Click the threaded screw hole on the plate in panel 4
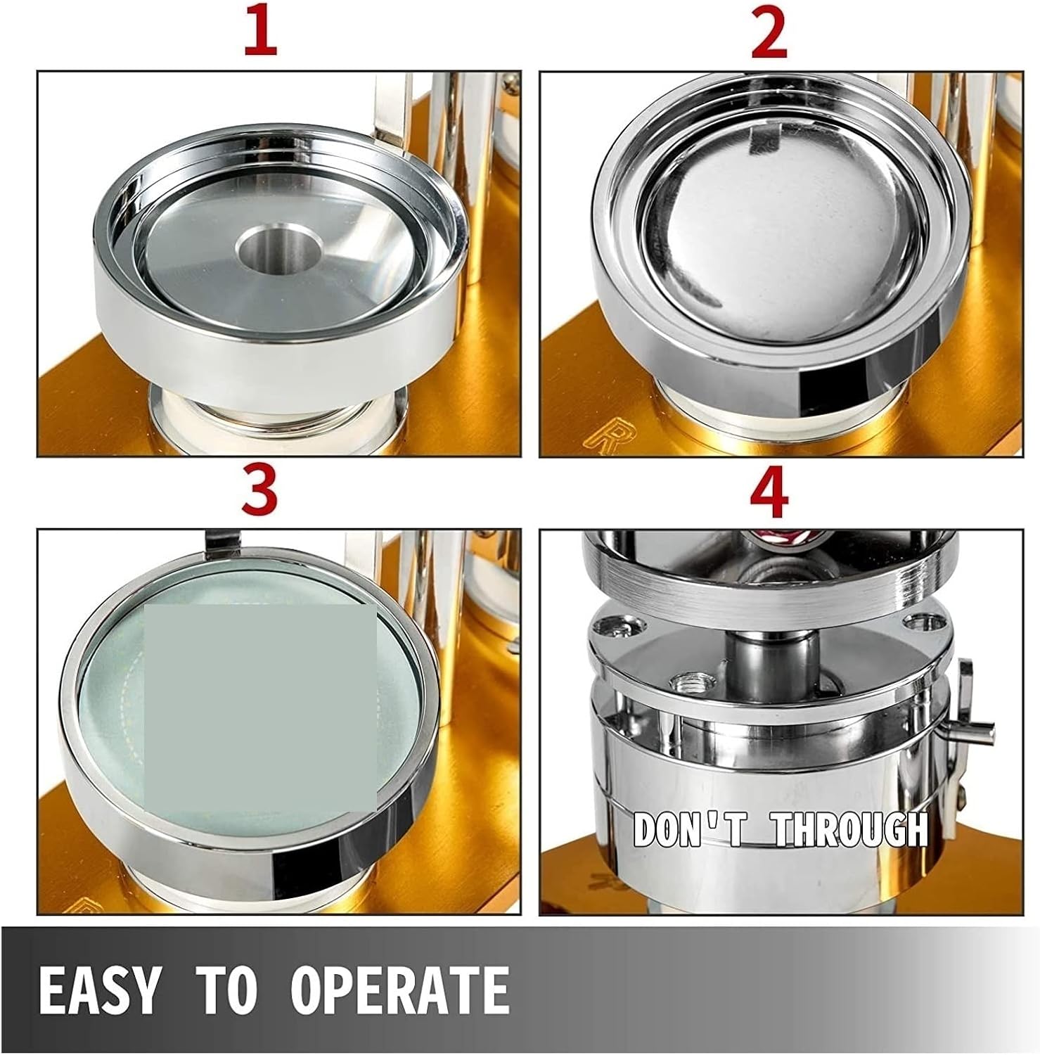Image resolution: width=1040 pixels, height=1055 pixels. (x=684, y=682)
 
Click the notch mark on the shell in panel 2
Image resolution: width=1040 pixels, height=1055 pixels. (x=763, y=140)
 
